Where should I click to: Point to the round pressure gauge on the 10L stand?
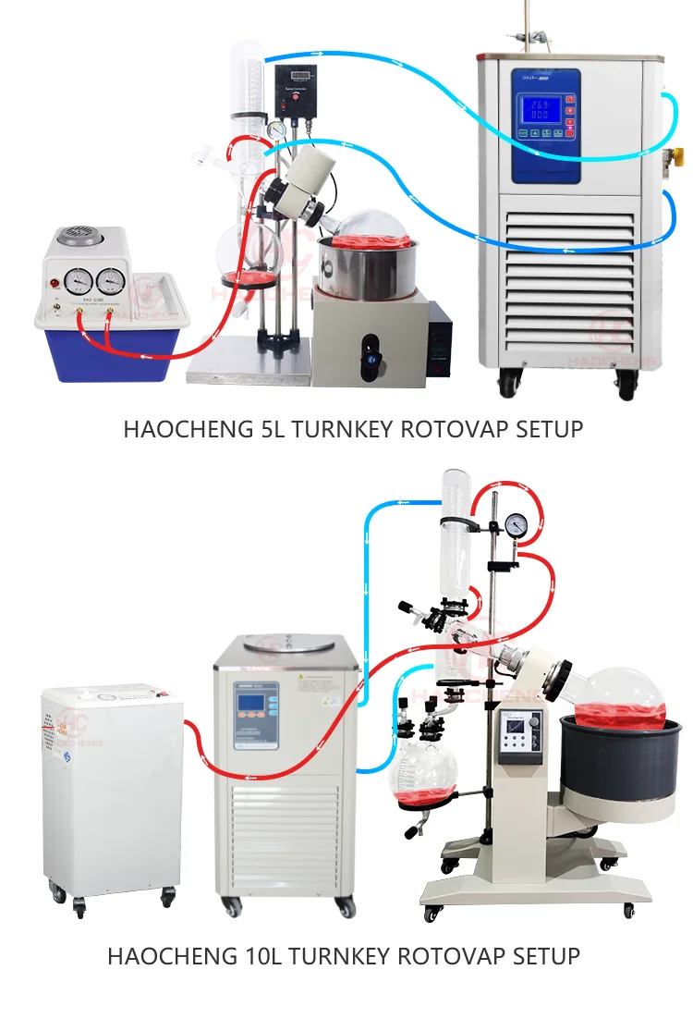coord(517,525)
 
